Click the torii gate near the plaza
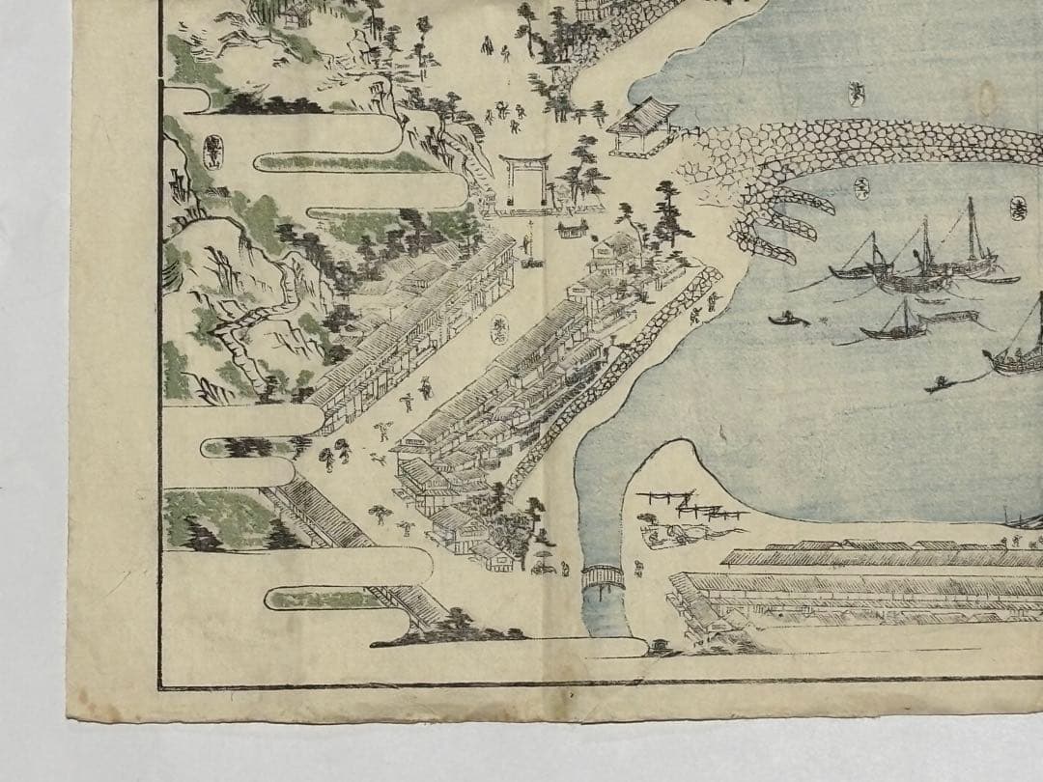click(525, 180)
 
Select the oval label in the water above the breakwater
click(855, 93)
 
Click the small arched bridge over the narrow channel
click(603, 577)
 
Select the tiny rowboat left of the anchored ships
click(789, 319)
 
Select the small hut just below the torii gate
click(572, 229)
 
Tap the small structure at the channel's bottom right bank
click(660, 645)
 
